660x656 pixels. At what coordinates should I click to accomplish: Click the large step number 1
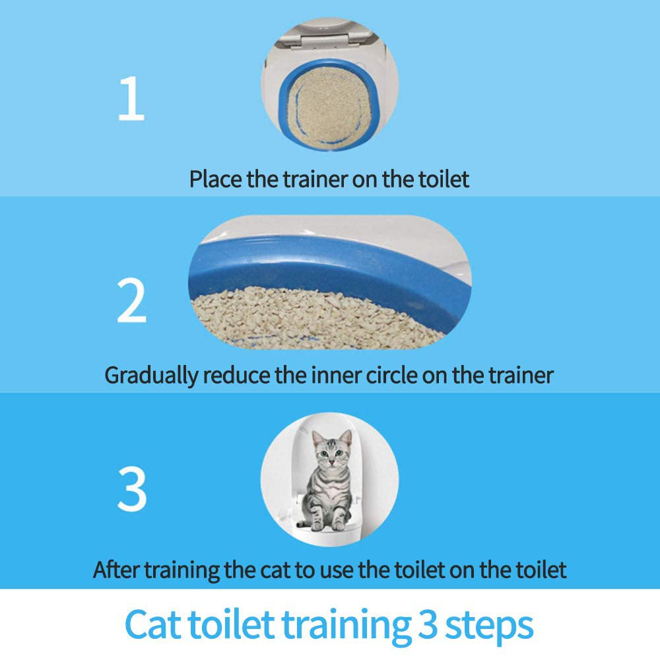pyautogui.click(x=131, y=98)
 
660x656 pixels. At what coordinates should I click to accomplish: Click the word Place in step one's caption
pyautogui.click(x=216, y=180)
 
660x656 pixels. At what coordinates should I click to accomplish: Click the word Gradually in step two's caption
pyautogui.click(x=151, y=376)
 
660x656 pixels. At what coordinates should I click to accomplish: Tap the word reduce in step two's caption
pyautogui.click(x=236, y=375)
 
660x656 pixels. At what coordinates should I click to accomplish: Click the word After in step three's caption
pyautogui.click(x=115, y=570)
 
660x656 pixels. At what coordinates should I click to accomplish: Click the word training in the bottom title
pyautogui.click(x=346, y=626)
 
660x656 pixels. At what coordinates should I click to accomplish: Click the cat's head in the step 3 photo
pyautogui.click(x=332, y=449)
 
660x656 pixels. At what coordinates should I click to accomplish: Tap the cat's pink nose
pyautogui.click(x=332, y=461)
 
